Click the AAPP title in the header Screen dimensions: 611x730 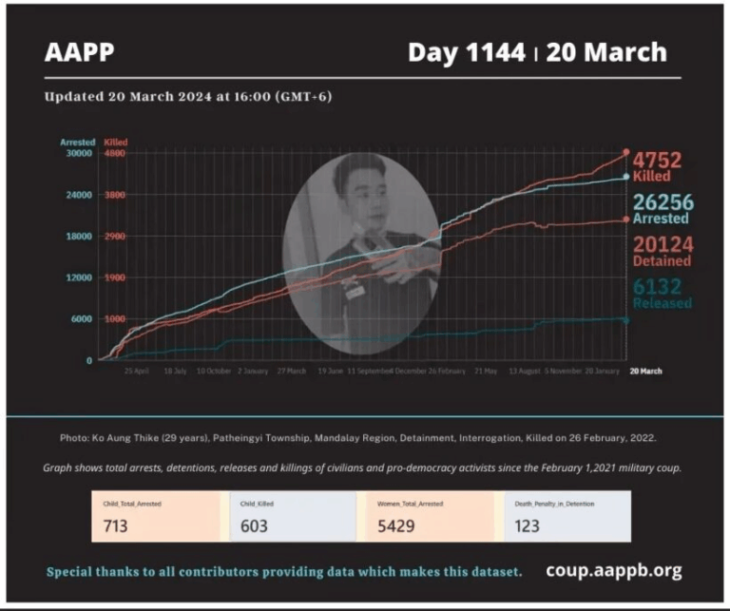(79, 53)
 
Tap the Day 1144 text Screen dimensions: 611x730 (466, 53)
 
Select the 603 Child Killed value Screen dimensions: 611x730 (254, 525)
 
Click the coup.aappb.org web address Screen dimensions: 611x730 (614, 570)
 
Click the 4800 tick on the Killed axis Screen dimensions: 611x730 (115, 153)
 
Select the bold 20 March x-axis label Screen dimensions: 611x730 (645, 371)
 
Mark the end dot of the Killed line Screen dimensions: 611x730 (625, 152)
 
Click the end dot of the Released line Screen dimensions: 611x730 (625, 319)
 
